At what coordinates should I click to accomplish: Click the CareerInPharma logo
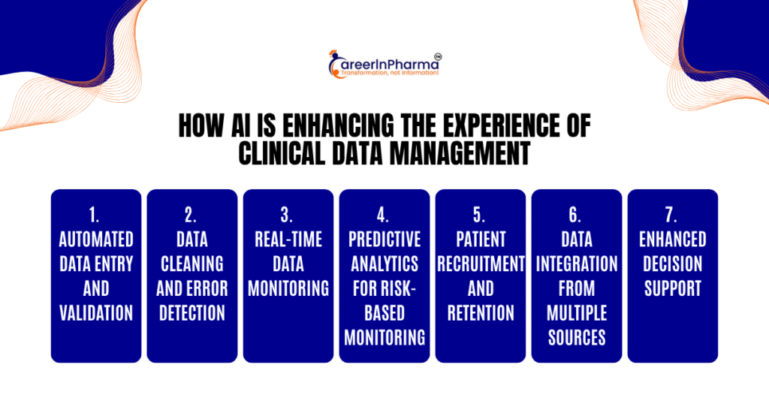[x=384, y=65]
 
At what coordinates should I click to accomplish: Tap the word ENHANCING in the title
[x=339, y=126]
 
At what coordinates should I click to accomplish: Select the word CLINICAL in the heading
[x=282, y=153]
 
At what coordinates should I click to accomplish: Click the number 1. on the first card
[x=94, y=216]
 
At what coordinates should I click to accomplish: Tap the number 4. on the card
[x=382, y=216]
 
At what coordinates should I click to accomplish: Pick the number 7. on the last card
[x=671, y=216]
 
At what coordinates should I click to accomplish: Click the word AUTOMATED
[x=96, y=240]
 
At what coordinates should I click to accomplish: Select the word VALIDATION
[x=96, y=313]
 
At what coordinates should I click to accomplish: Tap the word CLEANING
[x=192, y=264]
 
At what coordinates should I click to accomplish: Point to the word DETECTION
[x=192, y=313]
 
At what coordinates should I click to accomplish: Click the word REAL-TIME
[x=288, y=240]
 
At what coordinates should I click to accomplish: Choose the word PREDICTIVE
[x=384, y=240]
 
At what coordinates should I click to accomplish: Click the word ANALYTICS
[x=384, y=264]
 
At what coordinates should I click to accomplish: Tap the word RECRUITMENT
[x=481, y=264]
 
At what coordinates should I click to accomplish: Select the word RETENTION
[x=481, y=313]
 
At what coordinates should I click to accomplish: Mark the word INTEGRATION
[x=577, y=264]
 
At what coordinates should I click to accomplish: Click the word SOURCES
[x=577, y=338]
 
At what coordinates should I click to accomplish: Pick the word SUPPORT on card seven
[x=673, y=289]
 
